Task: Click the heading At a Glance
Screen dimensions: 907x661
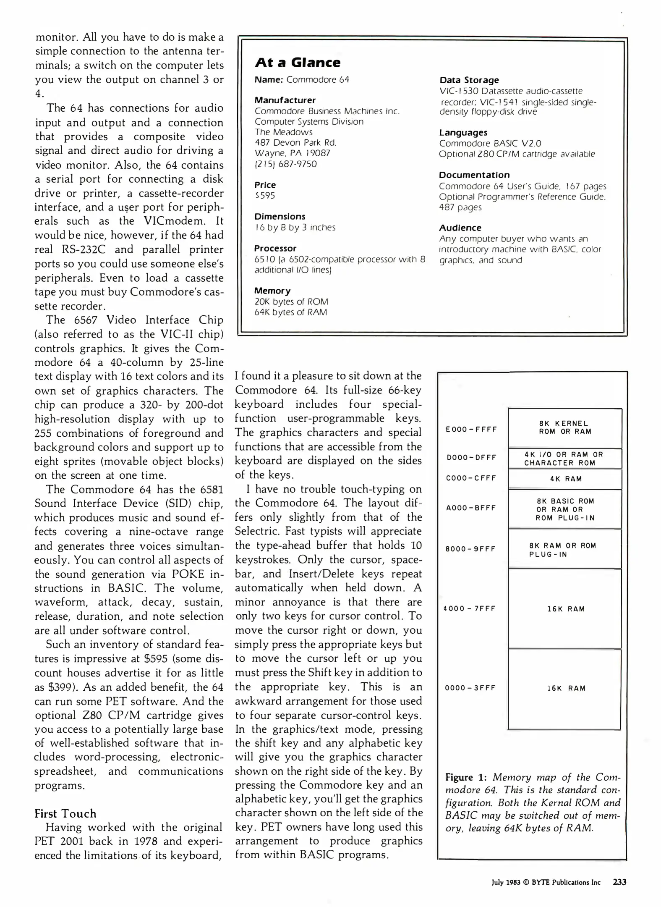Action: click(x=298, y=63)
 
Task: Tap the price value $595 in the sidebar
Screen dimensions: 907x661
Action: click(x=264, y=196)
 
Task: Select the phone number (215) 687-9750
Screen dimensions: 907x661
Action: click(x=285, y=164)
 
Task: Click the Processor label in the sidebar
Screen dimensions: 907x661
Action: click(x=275, y=249)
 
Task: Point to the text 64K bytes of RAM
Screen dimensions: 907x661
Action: click(x=290, y=312)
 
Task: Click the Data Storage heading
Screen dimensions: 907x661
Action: click(x=469, y=80)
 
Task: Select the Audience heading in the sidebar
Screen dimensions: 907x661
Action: click(x=460, y=228)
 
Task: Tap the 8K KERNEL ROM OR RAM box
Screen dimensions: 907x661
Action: click(x=564, y=427)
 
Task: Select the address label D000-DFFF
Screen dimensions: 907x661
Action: click(x=471, y=458)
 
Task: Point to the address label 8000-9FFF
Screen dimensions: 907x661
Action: click(x=470, y=549)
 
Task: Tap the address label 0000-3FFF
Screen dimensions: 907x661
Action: click(x=470, y=688)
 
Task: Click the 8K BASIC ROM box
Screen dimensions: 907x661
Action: click(x=565, y=510)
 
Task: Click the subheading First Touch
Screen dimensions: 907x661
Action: click(x=65, y=814)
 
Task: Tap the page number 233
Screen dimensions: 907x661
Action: click(x=619, y=882)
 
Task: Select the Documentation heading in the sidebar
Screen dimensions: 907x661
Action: click(x=474, y=175)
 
